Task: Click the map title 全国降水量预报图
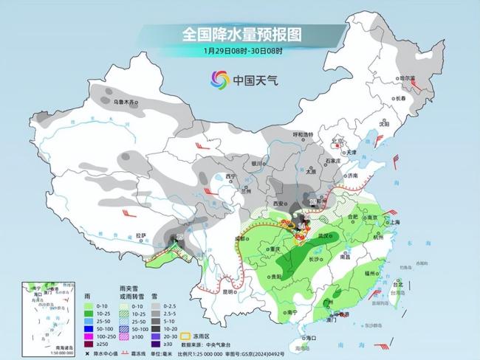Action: (241, 34)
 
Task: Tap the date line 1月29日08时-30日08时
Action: (241, 51)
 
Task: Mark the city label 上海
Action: (392, 221)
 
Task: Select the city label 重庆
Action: (277, 249)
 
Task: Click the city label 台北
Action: (399, 283)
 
